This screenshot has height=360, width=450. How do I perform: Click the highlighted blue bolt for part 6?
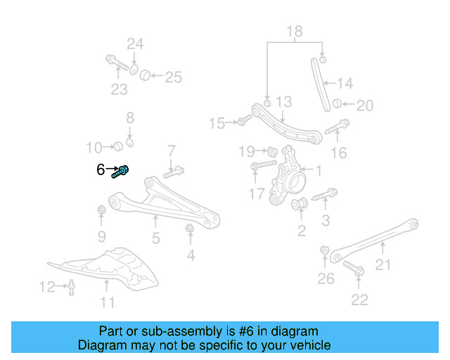pyautogui.click(x=123, y=170)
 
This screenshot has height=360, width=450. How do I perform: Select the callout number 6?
pyautogui.click(x=100, y=169)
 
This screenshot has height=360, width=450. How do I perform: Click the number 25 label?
pyautogui.click(x=173, y=77)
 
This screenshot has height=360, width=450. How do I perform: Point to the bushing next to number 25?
pyautogui.click(x=145, y=75)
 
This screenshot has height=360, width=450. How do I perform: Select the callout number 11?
pyautogui.click(x=107, y=303)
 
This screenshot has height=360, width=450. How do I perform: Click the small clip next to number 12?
pyautogui.click(x=71, y=285)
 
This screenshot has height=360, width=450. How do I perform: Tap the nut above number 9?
pyautogui.click(x=101, y=210)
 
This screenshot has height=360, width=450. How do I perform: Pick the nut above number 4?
pyautogui.click(x=189, y=229)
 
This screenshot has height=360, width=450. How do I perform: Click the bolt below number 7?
pyautogui.click(x=174, y=171)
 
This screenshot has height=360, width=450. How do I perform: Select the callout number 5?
pyautogui.click(x=156, y=238)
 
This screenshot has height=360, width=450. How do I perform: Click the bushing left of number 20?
pyautogui.click(x=337, y=105)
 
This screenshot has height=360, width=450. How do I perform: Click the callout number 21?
pyautogui.click(x=382, y=264)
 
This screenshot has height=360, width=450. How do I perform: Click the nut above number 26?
pyautogui.click(x=325, y=251)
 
